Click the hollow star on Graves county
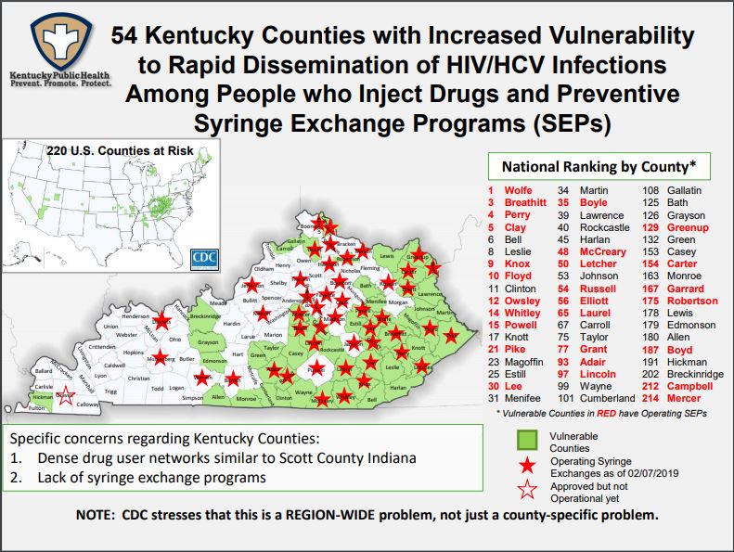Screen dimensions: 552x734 tap(63, 396)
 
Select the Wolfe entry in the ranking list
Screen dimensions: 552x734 tap(518, 190)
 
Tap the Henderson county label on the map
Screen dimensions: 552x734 tap(135, 315)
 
